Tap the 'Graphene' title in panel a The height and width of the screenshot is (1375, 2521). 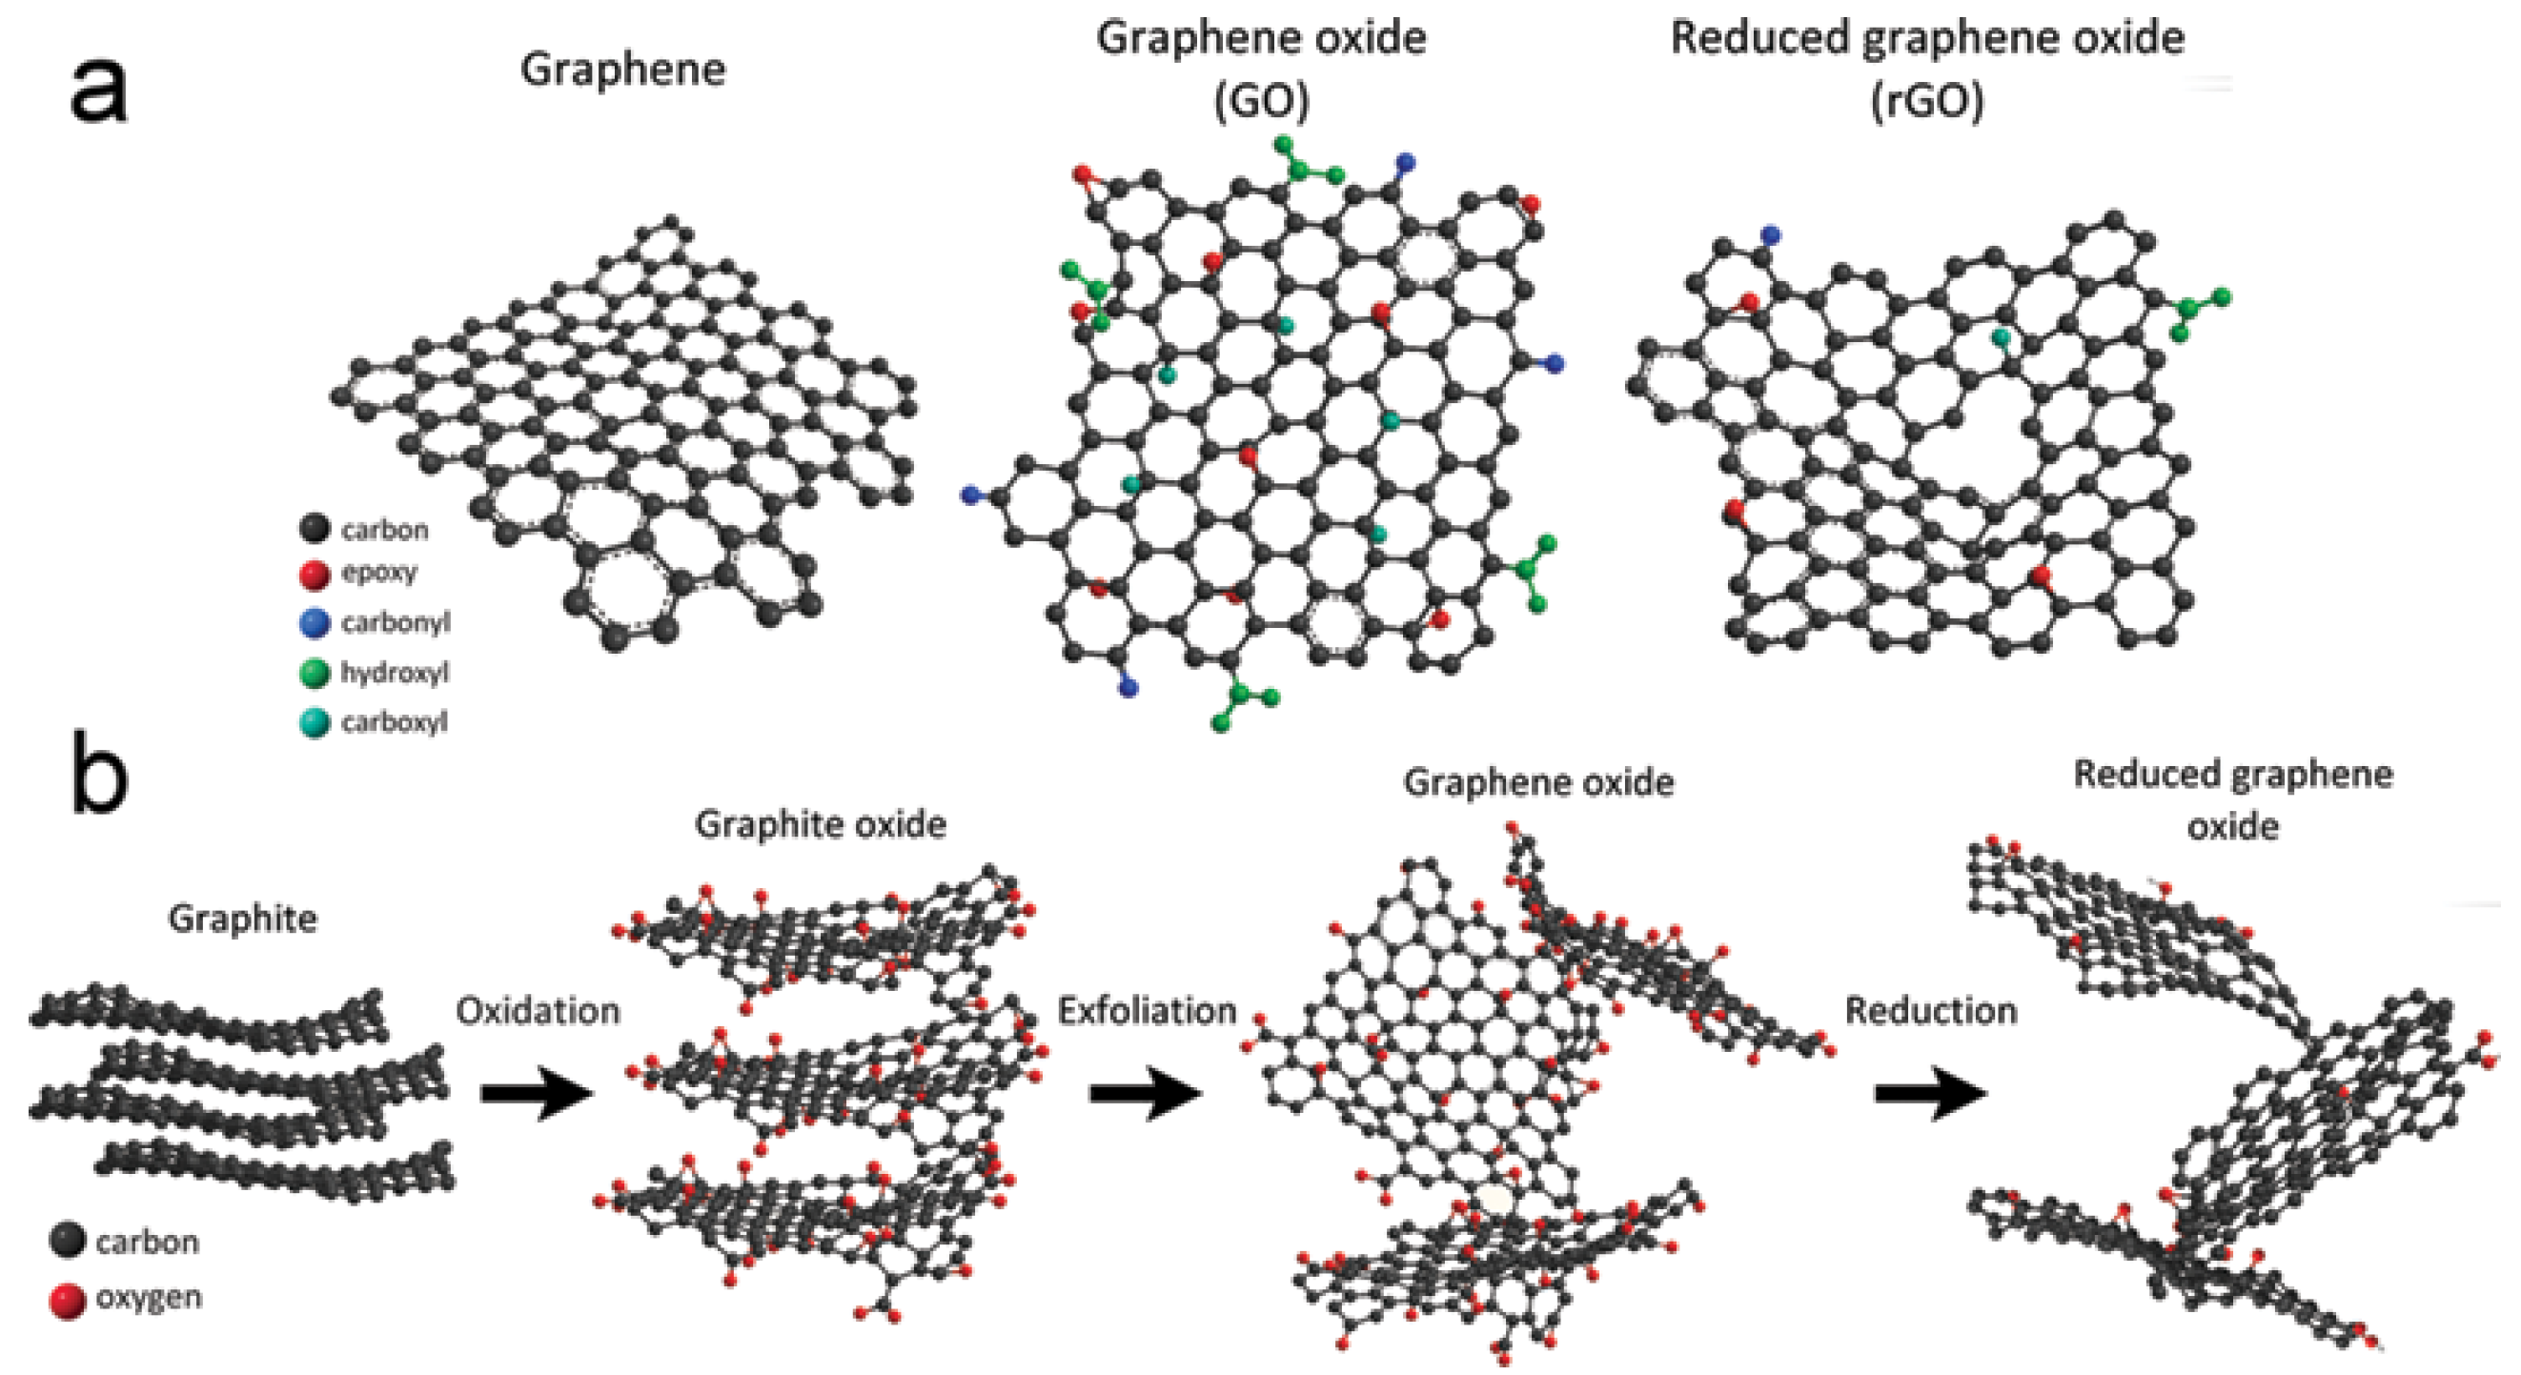coord(622,70)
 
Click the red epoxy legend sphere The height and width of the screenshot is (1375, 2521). coord(315,575)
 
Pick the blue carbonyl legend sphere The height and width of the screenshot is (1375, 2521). coord(315,623)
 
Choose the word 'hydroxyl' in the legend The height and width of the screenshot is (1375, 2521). coord(395,673)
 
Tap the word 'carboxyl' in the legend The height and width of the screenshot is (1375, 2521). coord(394,722)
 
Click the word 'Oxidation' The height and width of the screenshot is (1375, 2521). coord(538,1010)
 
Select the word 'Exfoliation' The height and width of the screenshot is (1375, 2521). coord(1147,1010)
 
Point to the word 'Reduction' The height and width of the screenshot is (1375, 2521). coord(1931,1010)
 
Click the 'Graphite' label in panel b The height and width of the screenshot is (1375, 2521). coord(243,919)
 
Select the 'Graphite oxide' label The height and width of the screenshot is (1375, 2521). coord(820,824)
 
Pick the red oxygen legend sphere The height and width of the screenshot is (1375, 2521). coord(68,1301)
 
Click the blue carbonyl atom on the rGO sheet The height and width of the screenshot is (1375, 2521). coord(1769,234)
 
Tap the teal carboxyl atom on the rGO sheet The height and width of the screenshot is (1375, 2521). coord(2003,337)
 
